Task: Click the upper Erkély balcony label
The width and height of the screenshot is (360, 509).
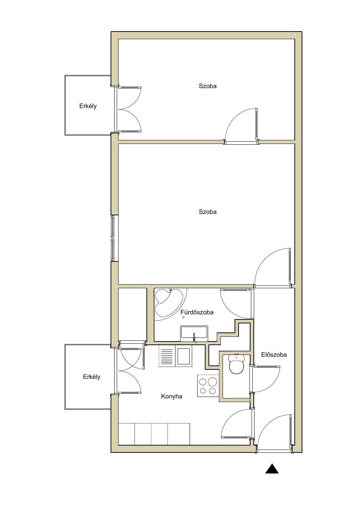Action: [88, 106]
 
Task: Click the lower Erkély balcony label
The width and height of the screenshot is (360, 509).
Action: [92, 377]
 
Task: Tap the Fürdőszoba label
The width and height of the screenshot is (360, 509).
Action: [197, 312]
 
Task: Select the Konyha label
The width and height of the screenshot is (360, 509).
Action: [171, 397]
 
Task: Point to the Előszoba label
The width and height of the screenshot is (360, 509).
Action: [274, 355]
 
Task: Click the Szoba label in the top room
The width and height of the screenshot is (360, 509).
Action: [207, 86]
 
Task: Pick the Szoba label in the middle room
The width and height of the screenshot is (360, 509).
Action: [207, 212]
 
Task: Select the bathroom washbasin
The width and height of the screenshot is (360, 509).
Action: [194, 333]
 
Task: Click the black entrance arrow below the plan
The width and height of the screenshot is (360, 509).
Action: [272, 475]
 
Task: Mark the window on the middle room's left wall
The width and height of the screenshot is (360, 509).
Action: [113, 238]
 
